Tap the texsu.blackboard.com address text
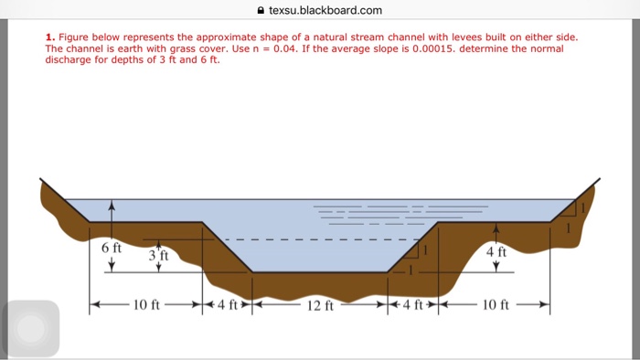point(325,11)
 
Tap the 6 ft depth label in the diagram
point(111,249)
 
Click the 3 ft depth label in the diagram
point(159,255)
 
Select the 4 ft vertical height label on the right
point(496,251)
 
